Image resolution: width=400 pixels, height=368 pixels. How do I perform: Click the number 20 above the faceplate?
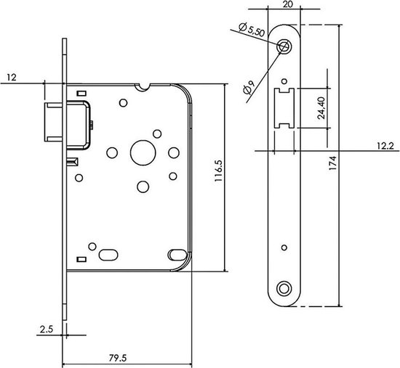[x=287, y=4]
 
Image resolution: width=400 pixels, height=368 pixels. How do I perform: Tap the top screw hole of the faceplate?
[x=285, y=46]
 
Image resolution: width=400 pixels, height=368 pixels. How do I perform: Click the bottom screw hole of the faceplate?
[x=284, y=288]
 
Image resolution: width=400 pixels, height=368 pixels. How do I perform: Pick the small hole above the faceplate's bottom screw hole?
[x=284, y=245]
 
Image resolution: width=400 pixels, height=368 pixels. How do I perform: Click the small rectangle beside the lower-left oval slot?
[x=81, y=258]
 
